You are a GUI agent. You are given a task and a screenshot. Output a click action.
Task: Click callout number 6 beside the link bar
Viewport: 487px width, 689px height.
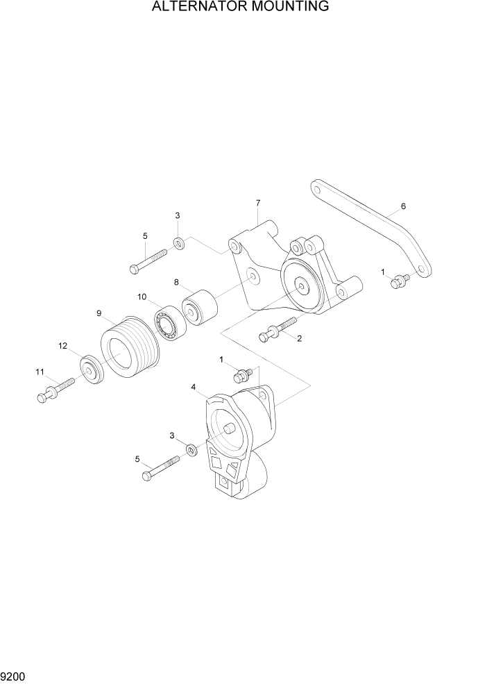pos(403,206)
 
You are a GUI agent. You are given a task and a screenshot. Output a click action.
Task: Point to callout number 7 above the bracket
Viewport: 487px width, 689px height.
pos(258,203)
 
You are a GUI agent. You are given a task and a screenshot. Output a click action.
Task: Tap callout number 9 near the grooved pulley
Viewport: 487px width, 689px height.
pos(100,313)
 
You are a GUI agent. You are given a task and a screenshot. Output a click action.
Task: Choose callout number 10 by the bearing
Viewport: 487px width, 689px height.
pos(142,297)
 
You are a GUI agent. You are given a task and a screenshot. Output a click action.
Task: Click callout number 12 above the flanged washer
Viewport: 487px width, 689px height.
pos(62,346)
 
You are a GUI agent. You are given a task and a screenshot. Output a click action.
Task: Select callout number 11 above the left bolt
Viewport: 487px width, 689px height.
pos(40,372)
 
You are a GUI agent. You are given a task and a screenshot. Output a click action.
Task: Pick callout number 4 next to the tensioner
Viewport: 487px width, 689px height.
pos(194,387)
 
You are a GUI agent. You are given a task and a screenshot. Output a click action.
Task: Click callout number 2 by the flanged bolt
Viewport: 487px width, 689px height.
pos(299,339)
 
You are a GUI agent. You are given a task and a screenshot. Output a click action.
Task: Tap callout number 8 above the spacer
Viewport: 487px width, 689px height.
pos(177,283)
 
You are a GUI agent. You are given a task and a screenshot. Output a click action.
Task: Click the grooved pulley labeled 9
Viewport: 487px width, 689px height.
pos(128,347)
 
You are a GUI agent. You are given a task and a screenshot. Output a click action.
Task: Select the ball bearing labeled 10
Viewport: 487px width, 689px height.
pos(167,322)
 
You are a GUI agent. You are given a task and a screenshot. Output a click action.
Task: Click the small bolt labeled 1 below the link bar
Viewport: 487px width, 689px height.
pos(398,281)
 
